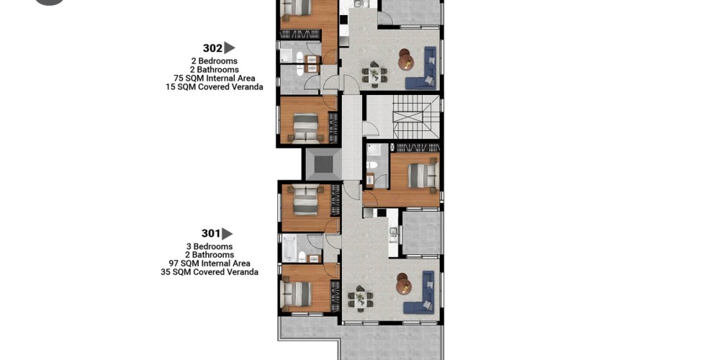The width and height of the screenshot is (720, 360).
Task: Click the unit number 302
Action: point(212,48)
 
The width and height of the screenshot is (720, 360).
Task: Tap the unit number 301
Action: point(211,234)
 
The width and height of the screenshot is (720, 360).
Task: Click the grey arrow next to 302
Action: point(230,48)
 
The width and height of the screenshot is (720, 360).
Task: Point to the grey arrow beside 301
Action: point(228,234)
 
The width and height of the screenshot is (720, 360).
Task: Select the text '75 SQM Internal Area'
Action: point(215,78)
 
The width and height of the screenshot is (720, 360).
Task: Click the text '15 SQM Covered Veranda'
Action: point(215,87)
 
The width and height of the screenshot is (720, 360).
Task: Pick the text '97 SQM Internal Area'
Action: point(210,264)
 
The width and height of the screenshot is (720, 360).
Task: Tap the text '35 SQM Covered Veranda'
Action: point(210,272)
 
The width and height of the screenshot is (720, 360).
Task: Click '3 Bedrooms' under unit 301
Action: point(210,246)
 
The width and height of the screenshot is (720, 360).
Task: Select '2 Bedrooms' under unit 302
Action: point(215,61)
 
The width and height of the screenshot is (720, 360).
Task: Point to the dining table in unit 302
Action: point(374,74)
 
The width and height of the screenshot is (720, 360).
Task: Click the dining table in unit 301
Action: point(361,299)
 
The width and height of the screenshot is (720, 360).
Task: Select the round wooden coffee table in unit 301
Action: point(404,284)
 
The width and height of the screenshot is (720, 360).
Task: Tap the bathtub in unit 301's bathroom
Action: point(289,248)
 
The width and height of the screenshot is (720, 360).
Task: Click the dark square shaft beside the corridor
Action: point(324,164)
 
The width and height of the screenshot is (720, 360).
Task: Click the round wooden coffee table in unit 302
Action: point(406,60)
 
